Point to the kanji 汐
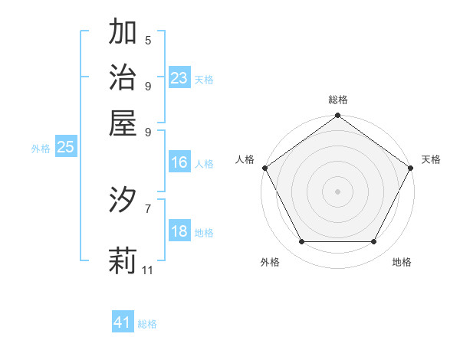pyautogui.click(x=123, y=200)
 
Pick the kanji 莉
pyautogui.click(x=123, y=260)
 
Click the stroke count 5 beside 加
pyautogui.click(x=148, y=40)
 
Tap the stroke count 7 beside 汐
pyautogui.click(x=148, y=208)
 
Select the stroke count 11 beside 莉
pyautogui.click(x=148, y=270)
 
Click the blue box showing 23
pyautogui.click(x=179, y=78)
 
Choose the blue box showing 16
pyautogui.click(x=179, y=162)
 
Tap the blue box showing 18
pyautogui.click(x=179, y=232)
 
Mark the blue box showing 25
pyautogui.click(x=65, y=148)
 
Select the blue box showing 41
pyautogui.click(x=123, y=322)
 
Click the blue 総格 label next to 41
pyautogui.click(x=147, y=324)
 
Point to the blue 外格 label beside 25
pyautogui.click(x=41, y=149)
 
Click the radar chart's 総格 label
pyautogui.click(x=337, y=100)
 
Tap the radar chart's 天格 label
pyautogui.click(x=431, y=159)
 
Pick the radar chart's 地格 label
pyautogui.click(x=402, y=262)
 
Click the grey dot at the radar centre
pyautogui.click(x=337, y=191)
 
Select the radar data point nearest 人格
pyautogui.click(x=264, y=167)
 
